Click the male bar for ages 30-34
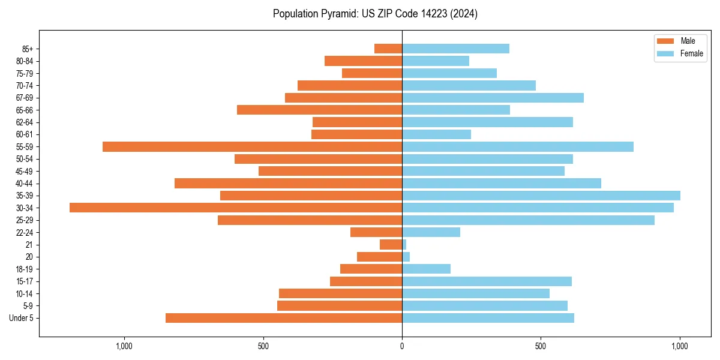(x=236, y=208)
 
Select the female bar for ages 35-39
(x=541, y=196)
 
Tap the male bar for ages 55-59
(x=252, y=146)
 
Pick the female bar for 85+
(x=455, y=49)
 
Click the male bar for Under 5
(x=284, y=318)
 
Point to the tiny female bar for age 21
(x=404, y=245)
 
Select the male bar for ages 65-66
(x=319, y=110)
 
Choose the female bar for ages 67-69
(x=493, y=98)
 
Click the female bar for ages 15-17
(x=487, y=281)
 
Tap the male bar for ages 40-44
(x=288, y=183)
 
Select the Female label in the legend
(x=691, y=53)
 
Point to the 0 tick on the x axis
(x=402, y=346)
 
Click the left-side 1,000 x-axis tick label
(x=124, y=346)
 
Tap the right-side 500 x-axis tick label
(x=541, y=346)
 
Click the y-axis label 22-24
(x=24, y=232)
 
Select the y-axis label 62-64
(x=24, y=122)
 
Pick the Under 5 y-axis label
(x=21, y=318)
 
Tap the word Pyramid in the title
(x=338, y=14)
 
